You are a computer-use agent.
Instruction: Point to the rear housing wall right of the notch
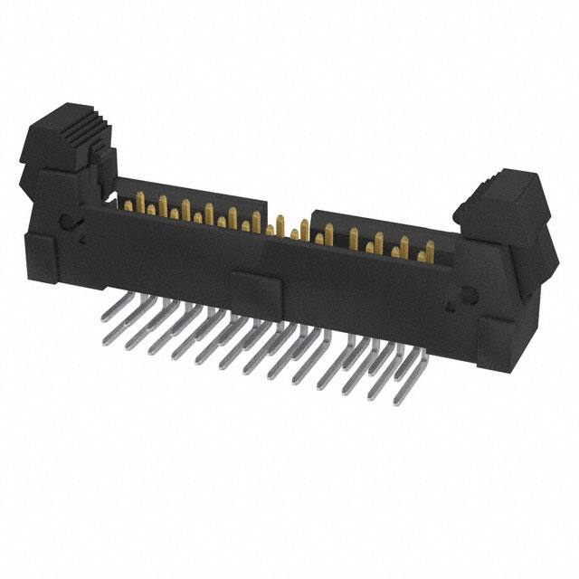coord(380,226)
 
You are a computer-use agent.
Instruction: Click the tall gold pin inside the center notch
coord(281,226)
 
